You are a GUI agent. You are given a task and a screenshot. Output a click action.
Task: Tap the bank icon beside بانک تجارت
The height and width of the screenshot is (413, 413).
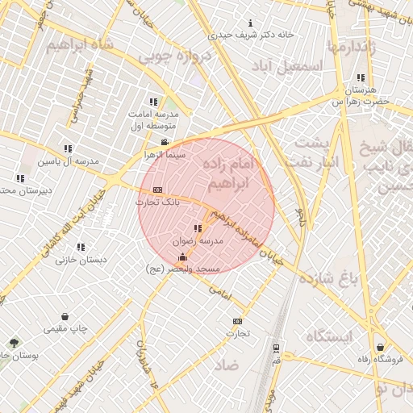tap(157, 190)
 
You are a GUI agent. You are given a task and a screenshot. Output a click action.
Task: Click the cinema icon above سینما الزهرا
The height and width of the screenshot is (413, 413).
tap(165, 142)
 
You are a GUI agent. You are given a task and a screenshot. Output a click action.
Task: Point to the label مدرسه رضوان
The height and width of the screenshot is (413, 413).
tap(198, 240)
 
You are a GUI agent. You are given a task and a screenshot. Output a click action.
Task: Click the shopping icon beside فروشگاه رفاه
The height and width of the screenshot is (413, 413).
tap(380, 348)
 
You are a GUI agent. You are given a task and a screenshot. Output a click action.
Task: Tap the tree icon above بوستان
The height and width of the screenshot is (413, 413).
tap(12, 343)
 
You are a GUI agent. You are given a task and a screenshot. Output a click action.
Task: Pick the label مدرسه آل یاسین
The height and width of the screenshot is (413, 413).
tap(71, 161)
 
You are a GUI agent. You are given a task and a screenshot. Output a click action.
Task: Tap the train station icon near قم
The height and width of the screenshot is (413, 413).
tap(277, 348)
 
